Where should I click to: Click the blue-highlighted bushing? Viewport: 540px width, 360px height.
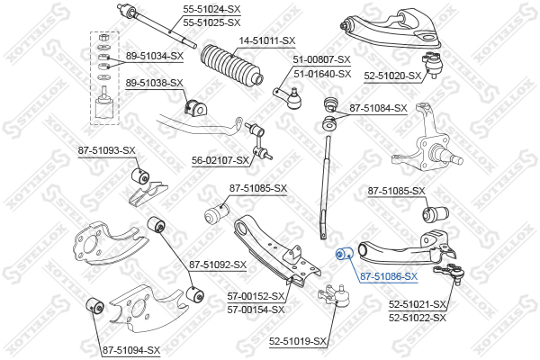342,255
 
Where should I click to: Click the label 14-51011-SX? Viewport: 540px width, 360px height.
266,40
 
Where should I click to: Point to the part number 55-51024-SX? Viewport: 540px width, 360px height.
211,8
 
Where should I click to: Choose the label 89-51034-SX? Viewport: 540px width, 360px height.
154,56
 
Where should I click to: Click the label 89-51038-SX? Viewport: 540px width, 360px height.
154,84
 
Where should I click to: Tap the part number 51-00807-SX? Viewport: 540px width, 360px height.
321,60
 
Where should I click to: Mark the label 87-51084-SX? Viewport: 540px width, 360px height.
379,108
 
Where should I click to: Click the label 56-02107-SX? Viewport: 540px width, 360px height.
220,160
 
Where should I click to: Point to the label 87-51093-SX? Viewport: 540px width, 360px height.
106,150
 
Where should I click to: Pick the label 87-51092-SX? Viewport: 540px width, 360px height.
217,265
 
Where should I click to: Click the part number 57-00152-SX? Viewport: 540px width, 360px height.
256,296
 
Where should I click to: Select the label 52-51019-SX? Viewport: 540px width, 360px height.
297,341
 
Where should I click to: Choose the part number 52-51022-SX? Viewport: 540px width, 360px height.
418,318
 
